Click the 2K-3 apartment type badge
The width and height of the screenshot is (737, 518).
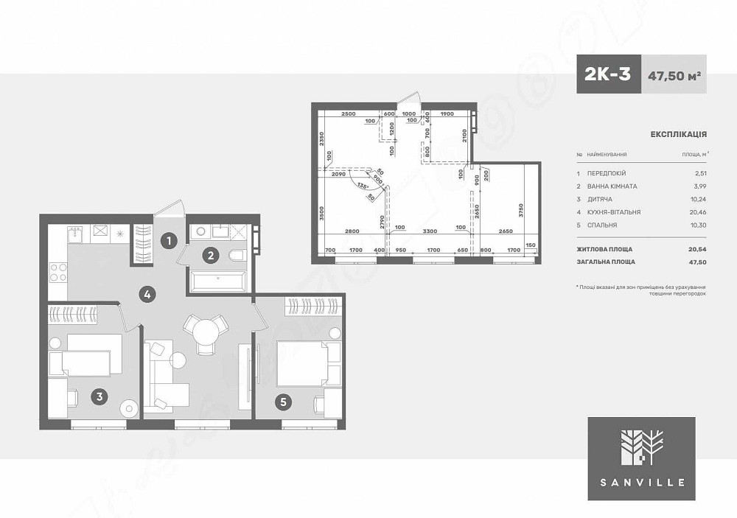pyautogui.click(x=608, y=74)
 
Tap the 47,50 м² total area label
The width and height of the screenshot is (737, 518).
pyautogui.click(x=674, y=75)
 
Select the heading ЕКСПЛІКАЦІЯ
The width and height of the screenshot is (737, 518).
pyautogui.click(x=679, y=135)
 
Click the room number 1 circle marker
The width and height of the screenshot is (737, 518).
pyautogui.click(x=169, y=239)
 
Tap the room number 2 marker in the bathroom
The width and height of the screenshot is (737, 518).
pyautogui.click(x=210, y=256)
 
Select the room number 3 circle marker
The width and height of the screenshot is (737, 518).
pyautogui.click(x=100, y=396)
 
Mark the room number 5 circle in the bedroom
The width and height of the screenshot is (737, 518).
pyautogui.click(x=284, y=402)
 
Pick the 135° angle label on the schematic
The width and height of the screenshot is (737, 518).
pyautogui.click(x=362, y=186)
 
